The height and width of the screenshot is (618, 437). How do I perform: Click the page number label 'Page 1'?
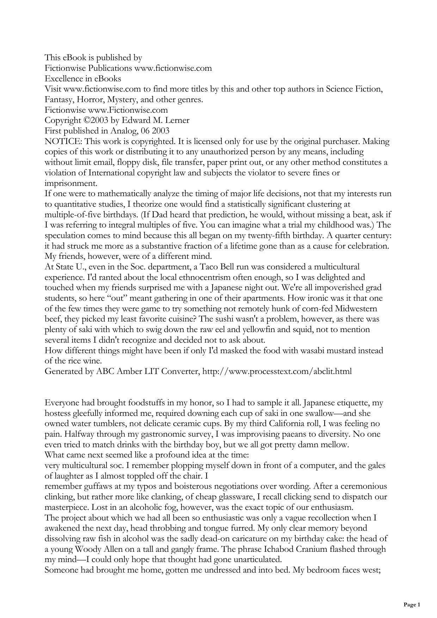coord(412,605)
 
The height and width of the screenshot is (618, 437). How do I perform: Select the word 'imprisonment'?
coord(70,183)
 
